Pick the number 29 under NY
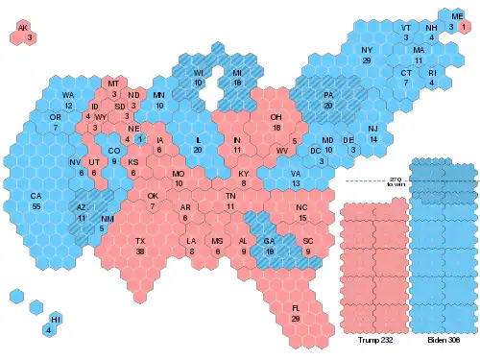point(367,60)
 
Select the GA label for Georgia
point(270,240)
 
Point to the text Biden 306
point(444,339)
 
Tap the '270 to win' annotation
point(394,181)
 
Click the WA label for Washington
point(68,96)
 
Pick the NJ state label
point(373,129)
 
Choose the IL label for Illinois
point(198,140)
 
